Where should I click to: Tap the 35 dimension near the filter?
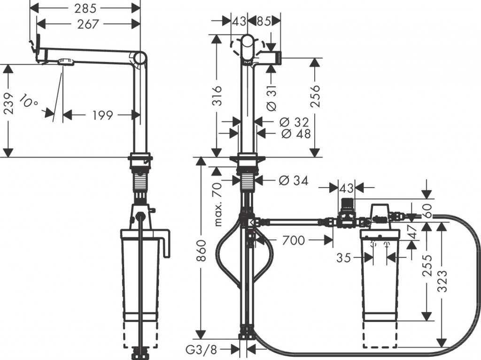click(x=345, y=258)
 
